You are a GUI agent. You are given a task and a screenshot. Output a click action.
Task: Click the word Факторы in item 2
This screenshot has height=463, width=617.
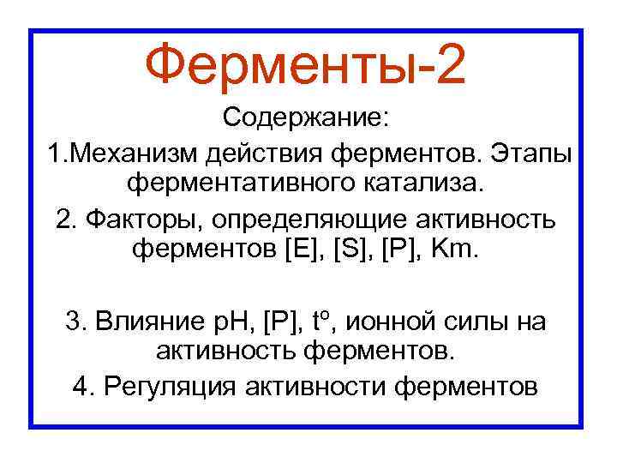(x=145, y=219)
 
